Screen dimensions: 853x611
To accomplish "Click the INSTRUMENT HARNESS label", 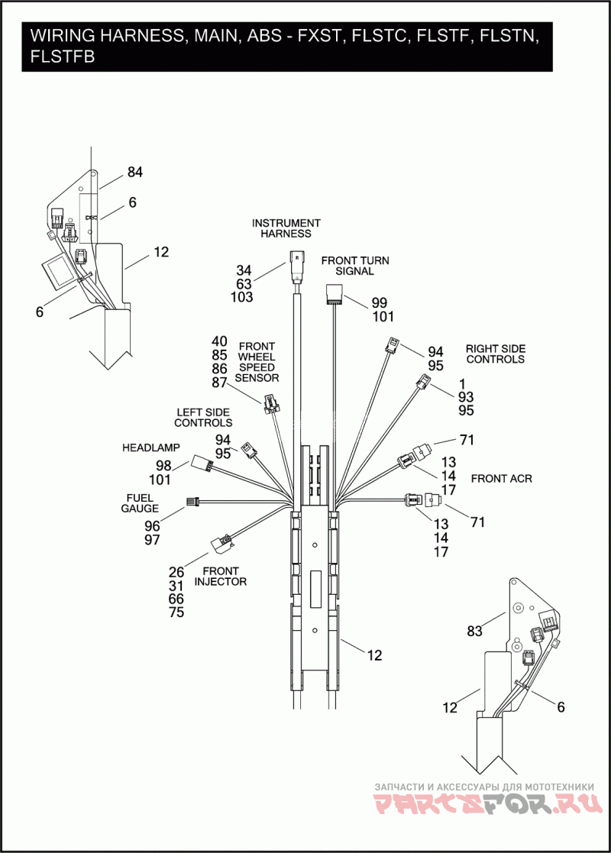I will click(286, 228).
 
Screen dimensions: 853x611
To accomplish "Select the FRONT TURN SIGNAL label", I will click(354, 266).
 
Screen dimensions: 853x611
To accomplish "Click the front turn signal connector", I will click(335, 293).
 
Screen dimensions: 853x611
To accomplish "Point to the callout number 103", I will click(241, 298).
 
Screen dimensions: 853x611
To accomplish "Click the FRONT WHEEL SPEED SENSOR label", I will click(257, 362).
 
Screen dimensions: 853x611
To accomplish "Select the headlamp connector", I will click(202, 462).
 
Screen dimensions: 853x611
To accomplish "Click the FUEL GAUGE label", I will click(140, 502).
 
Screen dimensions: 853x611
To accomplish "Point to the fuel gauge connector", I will click(192, 502).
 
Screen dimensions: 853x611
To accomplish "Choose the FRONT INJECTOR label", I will click(221, 576).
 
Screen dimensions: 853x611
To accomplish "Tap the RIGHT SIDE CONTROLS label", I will click(496, 354).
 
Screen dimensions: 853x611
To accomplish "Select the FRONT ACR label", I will click(501, 479).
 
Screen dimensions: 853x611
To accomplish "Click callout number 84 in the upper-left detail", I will click(134, 173).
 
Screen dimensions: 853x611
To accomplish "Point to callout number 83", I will click(475, 631).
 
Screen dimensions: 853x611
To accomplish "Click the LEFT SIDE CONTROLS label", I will click(203, 417).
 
